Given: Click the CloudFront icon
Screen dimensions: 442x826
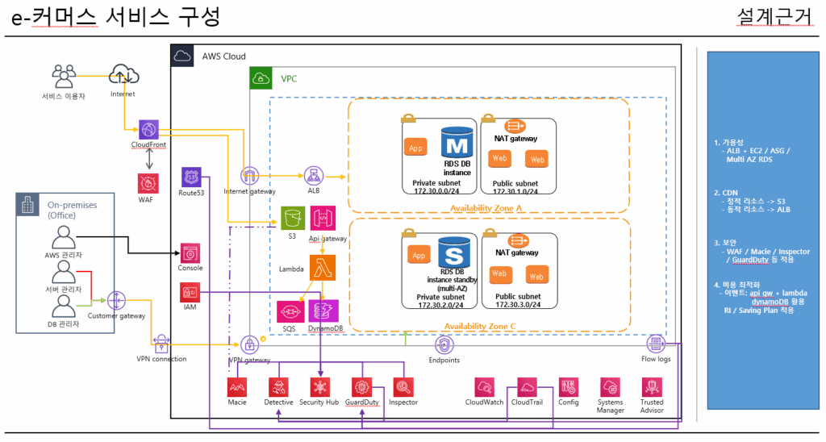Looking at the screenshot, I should pyautogui.click(x=148, y=130).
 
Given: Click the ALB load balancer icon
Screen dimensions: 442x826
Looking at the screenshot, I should pyautogui.click(x=312, y=176).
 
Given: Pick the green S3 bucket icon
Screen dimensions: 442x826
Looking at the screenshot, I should pyautogui.click(x=293, y=218).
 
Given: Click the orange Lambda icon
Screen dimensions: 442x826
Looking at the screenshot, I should pyautogui.click(x=322, y=267).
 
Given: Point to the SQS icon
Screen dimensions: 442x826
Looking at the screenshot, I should pyautogui.click(x=289, y=311).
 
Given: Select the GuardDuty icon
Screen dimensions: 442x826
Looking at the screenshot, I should pyautogui.click(x=362, y=386).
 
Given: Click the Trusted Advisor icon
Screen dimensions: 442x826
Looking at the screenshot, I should pyautogui.click(x=652, y=386).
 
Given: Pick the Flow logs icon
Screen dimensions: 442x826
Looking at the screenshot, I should pyautogui.click(x=654, y=343).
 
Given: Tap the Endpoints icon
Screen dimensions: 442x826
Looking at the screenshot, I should pyautogui.click(x=443, y=344).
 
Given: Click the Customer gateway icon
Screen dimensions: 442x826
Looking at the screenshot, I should pyautogui.click(x=116, y=300).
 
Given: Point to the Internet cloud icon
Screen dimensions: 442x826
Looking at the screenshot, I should pyautogui.click(x=123, y=75).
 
